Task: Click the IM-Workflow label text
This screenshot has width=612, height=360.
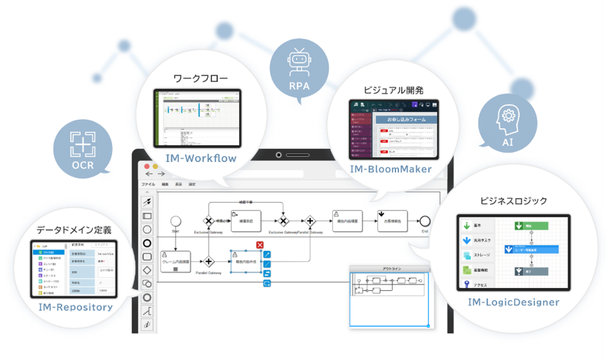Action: pyautogui.click(x=200, y=159)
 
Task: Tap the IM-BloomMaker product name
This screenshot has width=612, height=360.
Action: pyautogui.click(x=391, y=169)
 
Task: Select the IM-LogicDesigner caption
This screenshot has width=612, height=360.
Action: pyautogui.click(x=513, y=302)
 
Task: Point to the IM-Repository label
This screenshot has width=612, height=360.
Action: pyautogui.click(x=76, y=307)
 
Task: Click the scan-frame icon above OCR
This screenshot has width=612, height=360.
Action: pyautogui.click(x=82, y=144)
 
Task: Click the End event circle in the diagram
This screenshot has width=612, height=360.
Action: pyautogui.click(x=424, y=220)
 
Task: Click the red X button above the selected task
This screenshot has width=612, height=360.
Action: pyautogui.click(x=260, y=245)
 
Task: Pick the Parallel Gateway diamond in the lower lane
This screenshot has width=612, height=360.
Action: pyautogui.click(x=209, y=261)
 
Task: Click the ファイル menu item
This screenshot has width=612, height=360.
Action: pyautogui.click(x=148, y=184)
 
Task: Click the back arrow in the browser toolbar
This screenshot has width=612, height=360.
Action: pyautogui.click(x=149, y=173)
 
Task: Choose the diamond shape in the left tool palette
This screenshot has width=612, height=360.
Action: pyautogui.click(x=147, y=271)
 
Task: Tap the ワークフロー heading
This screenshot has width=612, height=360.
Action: pyautogui.click(x=200, y=78)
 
